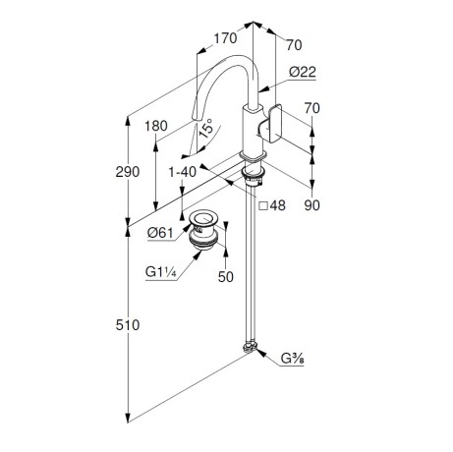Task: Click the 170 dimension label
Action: coord(225,38)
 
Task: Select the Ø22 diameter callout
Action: coord(303,72)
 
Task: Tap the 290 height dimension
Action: coord(128,172)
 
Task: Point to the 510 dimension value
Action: coord(128,325)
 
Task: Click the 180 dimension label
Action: coord(156,126)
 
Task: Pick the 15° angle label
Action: coord(206,128)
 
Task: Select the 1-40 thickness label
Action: coord(183,172)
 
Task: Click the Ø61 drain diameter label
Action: coord(160,233)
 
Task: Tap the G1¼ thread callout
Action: coord(161,272)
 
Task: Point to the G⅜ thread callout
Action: coord(293,359)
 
